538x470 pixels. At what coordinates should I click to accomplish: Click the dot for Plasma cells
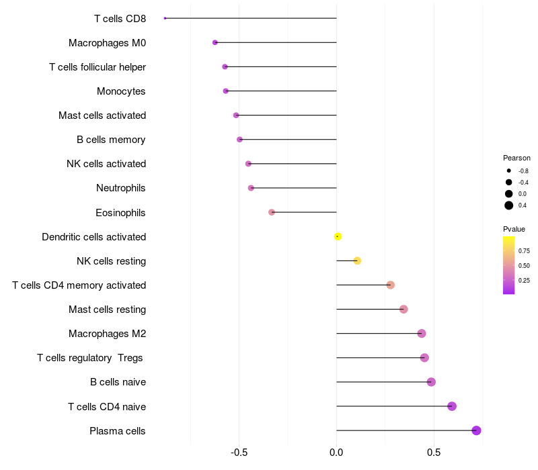pos(476,430)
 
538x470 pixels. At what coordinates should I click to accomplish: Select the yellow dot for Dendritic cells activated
pos(338,236)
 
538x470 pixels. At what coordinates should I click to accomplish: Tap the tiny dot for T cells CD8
pos(165,18)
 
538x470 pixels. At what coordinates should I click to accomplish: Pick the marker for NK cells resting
pos(357,261)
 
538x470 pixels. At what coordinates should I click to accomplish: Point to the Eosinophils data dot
pos(272,212)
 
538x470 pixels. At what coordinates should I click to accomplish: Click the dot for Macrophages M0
pos(215,42)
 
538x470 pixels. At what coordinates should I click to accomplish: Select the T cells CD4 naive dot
pos(452,406)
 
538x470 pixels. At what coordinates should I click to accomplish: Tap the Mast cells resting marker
pos(403,310)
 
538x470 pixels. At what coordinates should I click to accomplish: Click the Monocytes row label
pos(121,91)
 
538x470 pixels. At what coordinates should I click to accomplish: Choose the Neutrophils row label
pos(121,188)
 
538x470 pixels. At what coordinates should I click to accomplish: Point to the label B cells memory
pos(111,140)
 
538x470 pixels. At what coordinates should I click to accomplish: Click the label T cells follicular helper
pos(98,67)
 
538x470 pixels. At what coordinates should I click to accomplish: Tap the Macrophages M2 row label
pos(108,334)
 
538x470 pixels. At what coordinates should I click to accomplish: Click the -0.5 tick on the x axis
pos(239,453)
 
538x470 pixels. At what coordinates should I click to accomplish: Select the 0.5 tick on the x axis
pos(434,453)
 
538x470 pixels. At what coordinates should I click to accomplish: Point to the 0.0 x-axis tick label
pos(336,453)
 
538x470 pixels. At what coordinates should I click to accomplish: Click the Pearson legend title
pos(516,158)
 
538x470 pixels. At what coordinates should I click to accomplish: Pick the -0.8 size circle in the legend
pos(509,171)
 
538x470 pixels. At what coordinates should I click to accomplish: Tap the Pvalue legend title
pos(514,229)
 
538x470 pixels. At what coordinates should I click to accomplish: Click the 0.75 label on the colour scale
pos(524,250)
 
